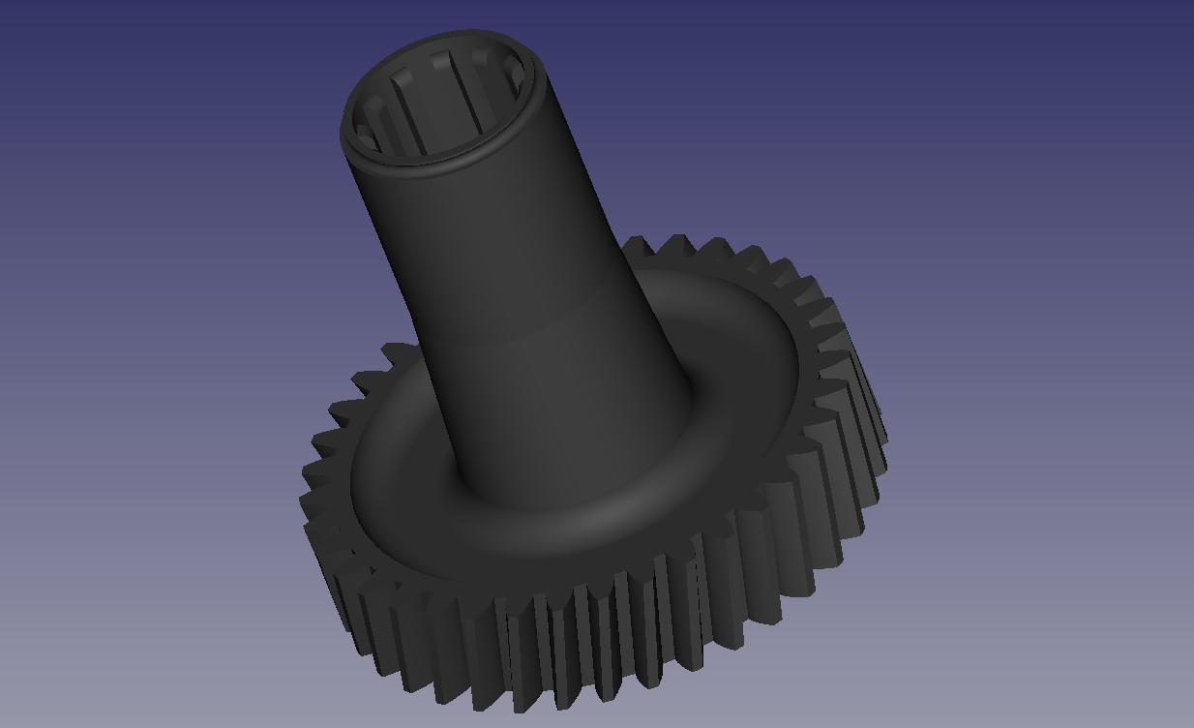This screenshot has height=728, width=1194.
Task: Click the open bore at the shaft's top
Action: [x=440, y=97]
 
